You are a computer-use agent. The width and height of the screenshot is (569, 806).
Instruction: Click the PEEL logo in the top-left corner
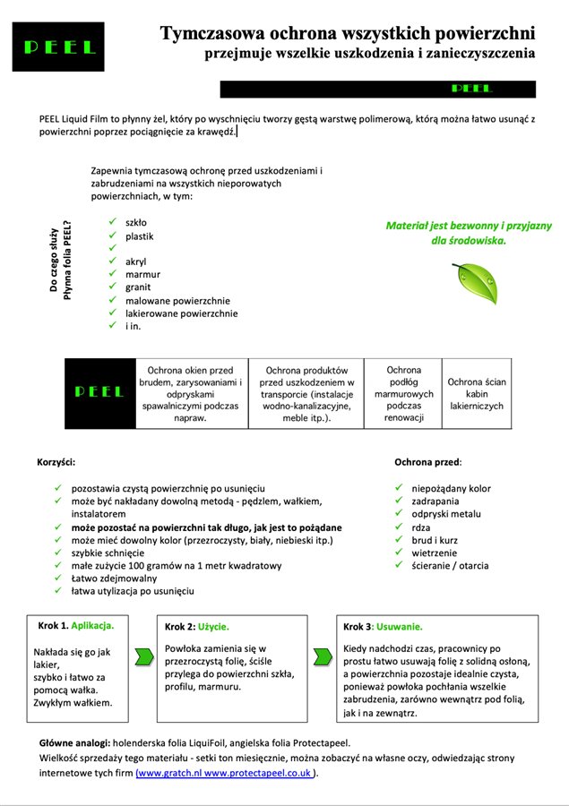coord(58,47)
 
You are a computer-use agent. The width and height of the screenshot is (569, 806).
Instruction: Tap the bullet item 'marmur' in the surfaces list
coord(142,275)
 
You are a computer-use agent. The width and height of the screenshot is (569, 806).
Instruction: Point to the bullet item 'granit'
coord(138,287)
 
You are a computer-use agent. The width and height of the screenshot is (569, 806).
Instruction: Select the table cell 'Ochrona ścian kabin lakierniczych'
coord(476,394)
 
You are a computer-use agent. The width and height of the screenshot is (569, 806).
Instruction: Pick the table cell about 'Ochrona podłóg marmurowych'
coord(402,394)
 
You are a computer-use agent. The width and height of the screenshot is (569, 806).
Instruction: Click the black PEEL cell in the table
coord(99,394)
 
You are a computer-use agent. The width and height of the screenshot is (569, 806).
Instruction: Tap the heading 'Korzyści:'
coord(56,462)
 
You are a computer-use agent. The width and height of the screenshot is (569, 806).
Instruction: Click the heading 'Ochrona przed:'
coord(428,462)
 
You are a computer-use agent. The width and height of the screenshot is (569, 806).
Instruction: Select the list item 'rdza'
coord(420,527)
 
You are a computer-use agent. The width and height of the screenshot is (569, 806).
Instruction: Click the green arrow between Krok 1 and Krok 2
coord(142,658)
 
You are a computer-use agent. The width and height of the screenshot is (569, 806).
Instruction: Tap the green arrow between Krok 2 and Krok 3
coord(323,658)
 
